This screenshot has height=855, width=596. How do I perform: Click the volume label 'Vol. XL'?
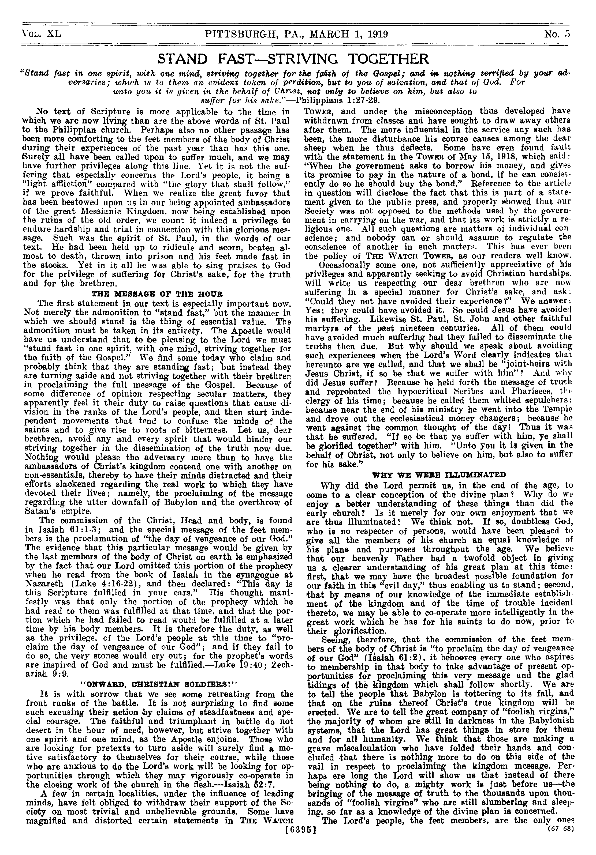coord(41,35)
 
